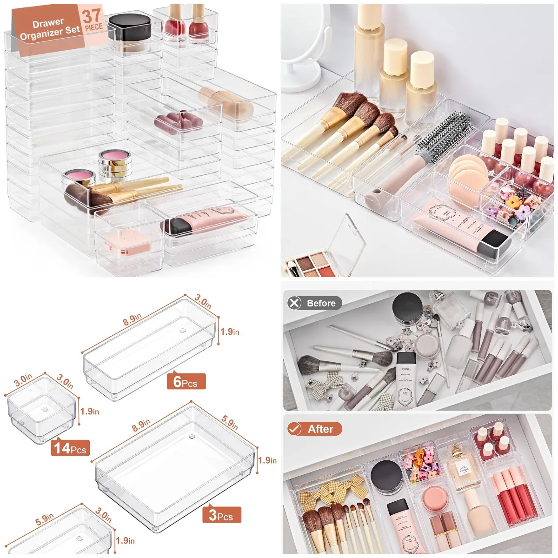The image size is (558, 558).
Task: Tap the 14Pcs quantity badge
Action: point(70,448)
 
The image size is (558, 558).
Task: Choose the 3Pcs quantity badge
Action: point(221,515)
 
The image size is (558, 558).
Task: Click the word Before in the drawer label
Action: point(321,304)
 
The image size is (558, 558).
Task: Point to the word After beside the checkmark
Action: point(321,429)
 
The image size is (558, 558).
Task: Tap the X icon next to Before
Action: point(295,303)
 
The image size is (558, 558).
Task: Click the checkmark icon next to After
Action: point(295,429)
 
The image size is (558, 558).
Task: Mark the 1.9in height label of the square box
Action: point(89,412)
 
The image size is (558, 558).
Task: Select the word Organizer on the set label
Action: point(41,34)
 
